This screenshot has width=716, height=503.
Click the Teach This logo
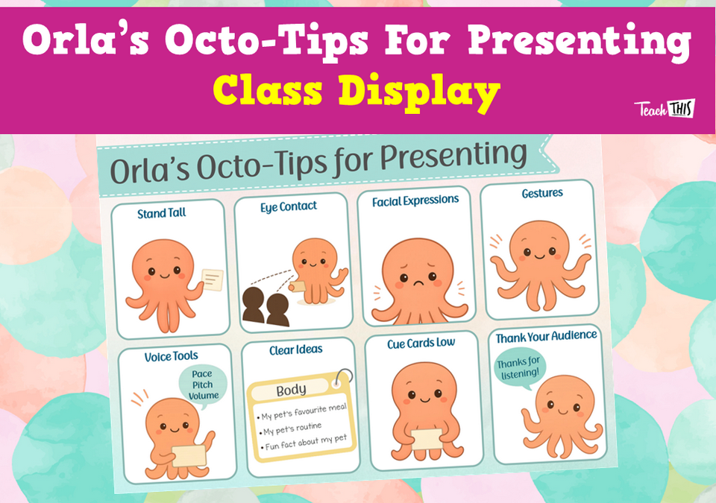(664, 109)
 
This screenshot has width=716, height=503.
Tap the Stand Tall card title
(162, 214)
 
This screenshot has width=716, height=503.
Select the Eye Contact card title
(289, 206)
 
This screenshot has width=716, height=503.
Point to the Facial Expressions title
(415, 200)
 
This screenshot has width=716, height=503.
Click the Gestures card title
(542, 193)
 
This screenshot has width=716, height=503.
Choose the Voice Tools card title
(172, 356)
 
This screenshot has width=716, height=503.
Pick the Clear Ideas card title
(296, 349)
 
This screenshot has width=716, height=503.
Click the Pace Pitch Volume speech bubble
(201, 385)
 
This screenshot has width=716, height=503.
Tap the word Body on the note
(291, 390)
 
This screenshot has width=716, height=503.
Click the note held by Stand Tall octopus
(213, 280)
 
